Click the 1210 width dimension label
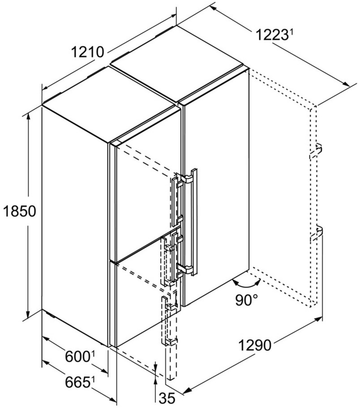point(87,52)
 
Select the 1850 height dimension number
point(19,211)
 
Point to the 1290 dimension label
point(255,346)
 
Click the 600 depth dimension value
point(77,357)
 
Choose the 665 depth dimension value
point(77,382)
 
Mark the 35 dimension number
point(167,399)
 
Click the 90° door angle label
point(246,300)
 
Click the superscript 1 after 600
point(93,354)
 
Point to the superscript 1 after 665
point(93,380)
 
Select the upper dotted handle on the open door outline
point(316,151)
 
